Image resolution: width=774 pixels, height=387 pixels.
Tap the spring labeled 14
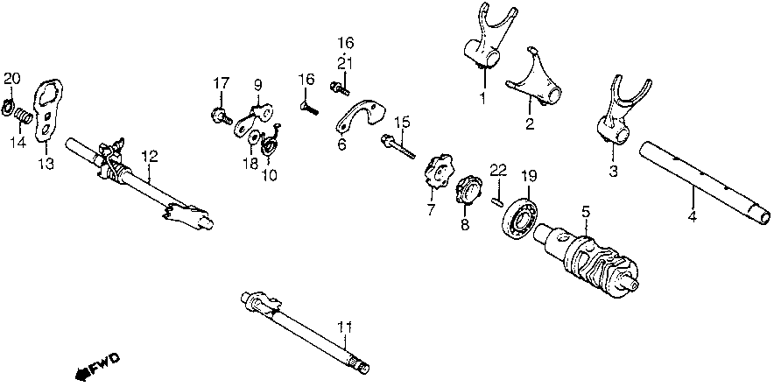pos(25,114)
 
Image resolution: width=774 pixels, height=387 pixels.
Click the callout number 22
pos(497,168)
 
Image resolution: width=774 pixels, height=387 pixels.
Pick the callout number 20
pos(11,79)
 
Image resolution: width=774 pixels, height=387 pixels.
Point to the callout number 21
pos(345,63)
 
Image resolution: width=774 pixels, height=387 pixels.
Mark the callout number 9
pos(258,85)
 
